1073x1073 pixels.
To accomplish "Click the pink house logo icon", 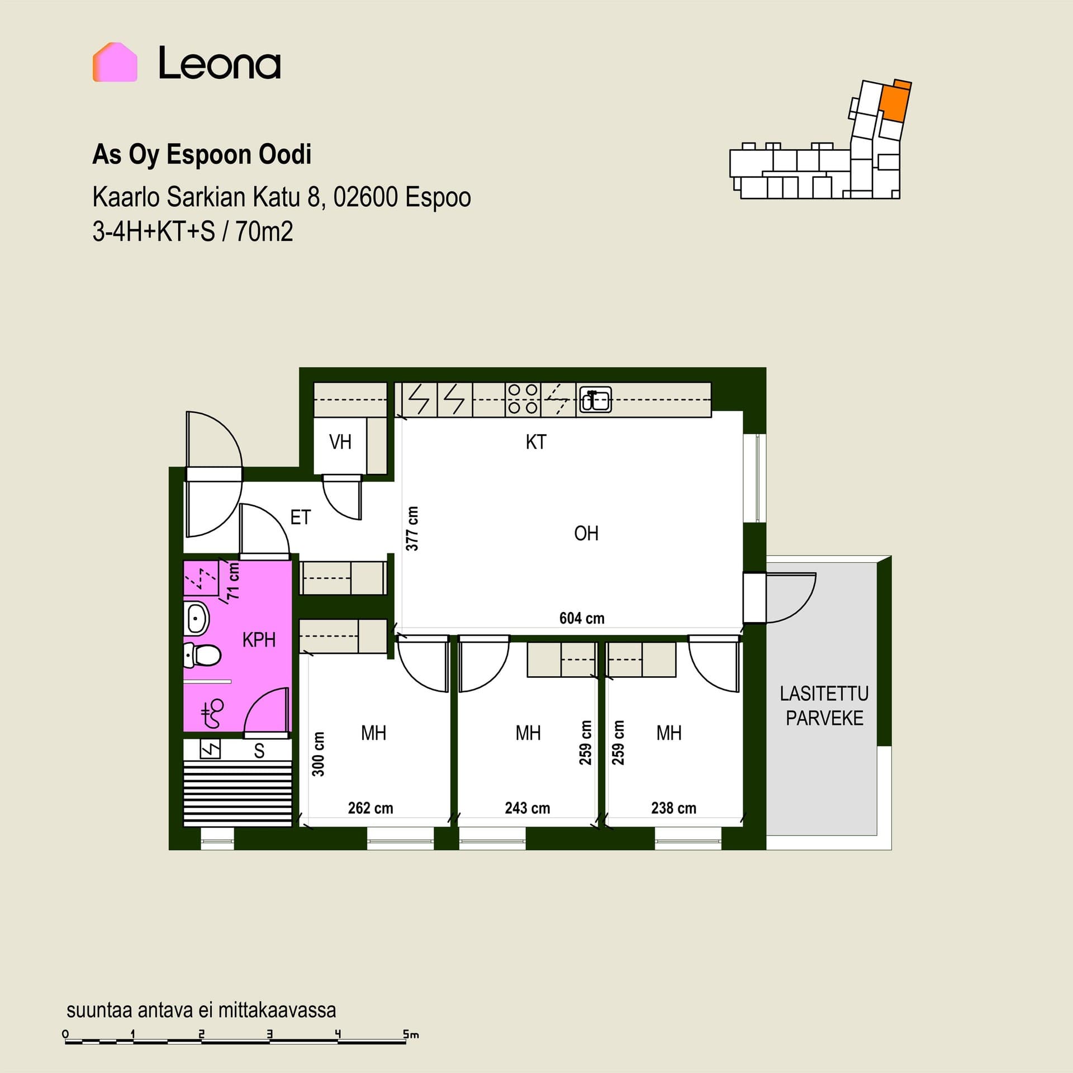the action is [115, 62].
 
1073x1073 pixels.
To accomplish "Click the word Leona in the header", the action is [220, 63].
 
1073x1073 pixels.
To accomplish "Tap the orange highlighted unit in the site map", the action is [894, 101].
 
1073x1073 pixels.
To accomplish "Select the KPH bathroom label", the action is [259, 640].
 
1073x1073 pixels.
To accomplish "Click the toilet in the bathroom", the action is [202, 655].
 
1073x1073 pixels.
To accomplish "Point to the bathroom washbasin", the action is [196, 619].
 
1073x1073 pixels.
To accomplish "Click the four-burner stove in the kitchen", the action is [523, 399].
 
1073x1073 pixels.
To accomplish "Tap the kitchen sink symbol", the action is [595, 400].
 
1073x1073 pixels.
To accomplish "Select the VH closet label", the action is [340, 442].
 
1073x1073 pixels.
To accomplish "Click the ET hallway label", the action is [300, 517].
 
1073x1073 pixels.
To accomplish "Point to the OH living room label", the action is [586, 534].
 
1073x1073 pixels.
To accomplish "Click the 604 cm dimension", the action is [582, 618].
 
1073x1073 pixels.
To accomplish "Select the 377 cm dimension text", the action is [412, 529].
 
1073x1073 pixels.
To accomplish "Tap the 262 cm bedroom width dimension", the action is [371, 808].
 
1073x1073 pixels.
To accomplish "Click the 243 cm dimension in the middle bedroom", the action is [528, 808].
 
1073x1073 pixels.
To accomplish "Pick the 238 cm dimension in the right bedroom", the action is [674, 808].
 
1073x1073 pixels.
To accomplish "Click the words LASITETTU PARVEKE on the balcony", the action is [824, 706].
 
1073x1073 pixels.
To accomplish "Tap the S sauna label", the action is [259, 751].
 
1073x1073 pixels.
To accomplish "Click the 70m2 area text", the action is [264, 231].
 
